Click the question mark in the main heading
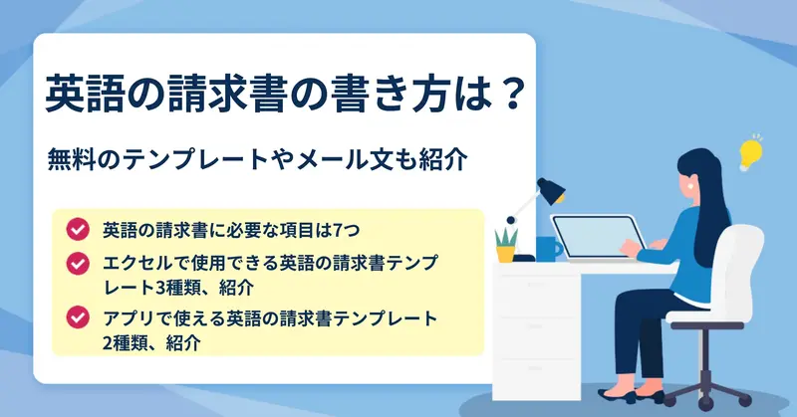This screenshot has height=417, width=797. (x=508, y=94)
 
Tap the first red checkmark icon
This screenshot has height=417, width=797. (x=78, y=230)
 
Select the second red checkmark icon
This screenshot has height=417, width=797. (x=78, y=264)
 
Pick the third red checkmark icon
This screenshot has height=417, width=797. (x=78, y=317)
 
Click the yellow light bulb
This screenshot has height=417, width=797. (x=750, y=153)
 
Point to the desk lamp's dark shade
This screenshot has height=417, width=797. (x=552, y=191)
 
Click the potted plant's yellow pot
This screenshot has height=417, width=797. (x=505, y=254)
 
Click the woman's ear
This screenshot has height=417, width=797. (x=691, y=185)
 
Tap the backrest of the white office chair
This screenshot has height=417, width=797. (x=741, y=268)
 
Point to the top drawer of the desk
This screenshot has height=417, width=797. (x=537, y=296)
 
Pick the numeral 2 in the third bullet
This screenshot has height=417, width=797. (x=108, y=342)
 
